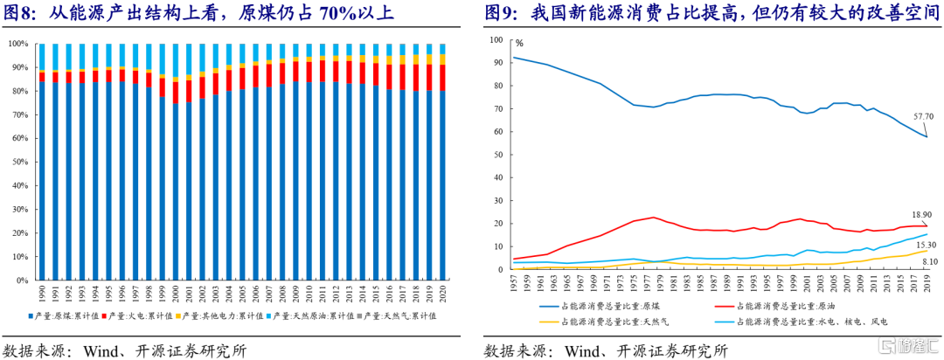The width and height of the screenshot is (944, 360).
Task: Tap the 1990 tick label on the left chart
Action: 42,294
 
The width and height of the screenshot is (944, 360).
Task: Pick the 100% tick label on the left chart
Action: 16,44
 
